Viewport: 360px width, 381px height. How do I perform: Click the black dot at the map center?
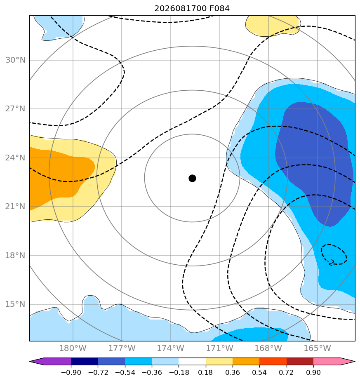pos(192,178)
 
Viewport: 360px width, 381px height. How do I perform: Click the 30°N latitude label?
pos(15,60)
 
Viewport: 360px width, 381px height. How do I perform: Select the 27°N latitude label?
pos(15,108)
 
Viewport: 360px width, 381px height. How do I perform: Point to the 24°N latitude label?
pos(15,158)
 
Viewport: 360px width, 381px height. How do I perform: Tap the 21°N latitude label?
pos(15,206)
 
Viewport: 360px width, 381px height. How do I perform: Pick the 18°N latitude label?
pos(15,255)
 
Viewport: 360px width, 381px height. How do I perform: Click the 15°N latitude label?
pos(15,304)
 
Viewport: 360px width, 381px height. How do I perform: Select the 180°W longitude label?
pos(73,348)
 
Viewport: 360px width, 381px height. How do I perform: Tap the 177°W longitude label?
pos(122,348)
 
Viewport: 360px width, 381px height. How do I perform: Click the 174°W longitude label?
pos(171,348)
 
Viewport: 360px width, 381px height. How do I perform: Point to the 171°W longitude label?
pos(220,348)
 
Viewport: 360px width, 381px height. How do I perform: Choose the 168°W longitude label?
pos(268,348)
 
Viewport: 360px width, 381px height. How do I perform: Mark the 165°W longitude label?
pos(318,348)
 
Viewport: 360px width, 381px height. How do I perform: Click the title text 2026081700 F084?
pos(192,9)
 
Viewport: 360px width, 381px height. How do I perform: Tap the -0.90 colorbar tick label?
pos(71,372)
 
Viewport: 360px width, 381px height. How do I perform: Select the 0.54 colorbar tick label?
pos(259,372)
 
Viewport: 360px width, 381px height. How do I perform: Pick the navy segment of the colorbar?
pos(85,362)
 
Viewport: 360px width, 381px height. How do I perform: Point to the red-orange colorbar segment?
pos(273,362)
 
